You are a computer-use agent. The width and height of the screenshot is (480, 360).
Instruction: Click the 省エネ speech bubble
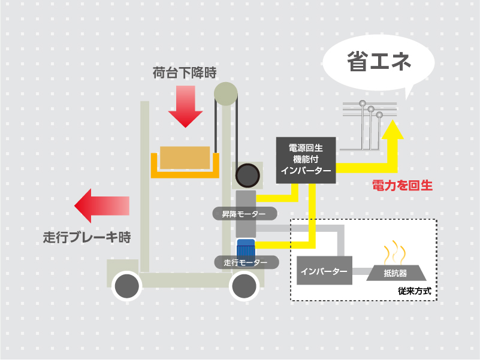point(378,62)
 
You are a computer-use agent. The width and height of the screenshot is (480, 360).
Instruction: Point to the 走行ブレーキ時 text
point(87,237)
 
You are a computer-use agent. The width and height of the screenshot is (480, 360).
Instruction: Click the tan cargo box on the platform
point(185,158)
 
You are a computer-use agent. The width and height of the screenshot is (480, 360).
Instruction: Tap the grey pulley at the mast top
point(226,93)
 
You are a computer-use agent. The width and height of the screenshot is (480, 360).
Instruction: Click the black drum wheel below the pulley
point(246,176)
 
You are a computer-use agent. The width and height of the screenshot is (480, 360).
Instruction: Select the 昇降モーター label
point(244,213)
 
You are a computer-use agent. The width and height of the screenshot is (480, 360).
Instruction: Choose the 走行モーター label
point(246,262)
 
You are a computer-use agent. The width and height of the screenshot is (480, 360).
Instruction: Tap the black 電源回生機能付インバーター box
point(306,159)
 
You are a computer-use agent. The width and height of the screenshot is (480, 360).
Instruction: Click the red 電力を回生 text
point(402,186)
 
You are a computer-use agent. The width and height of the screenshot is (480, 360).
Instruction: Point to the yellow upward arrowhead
point(393,129)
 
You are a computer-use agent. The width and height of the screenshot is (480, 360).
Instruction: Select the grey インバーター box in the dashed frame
point(324,271)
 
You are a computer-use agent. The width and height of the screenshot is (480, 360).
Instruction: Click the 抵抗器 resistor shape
point(395,273)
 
